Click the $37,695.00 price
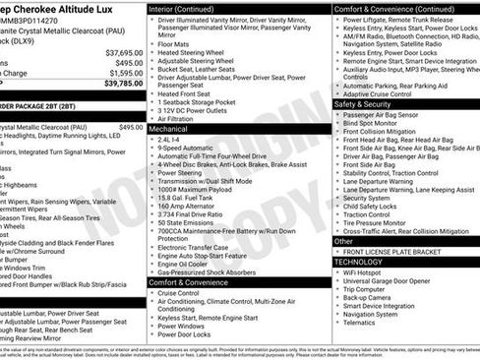(x=123, y=52)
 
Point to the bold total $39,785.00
(x=123, y=84)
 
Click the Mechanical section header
(x=168, y=129)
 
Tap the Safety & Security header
(x=363, y=104)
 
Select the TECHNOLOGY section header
(x=359, y=263)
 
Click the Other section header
(x=343, y=241)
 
